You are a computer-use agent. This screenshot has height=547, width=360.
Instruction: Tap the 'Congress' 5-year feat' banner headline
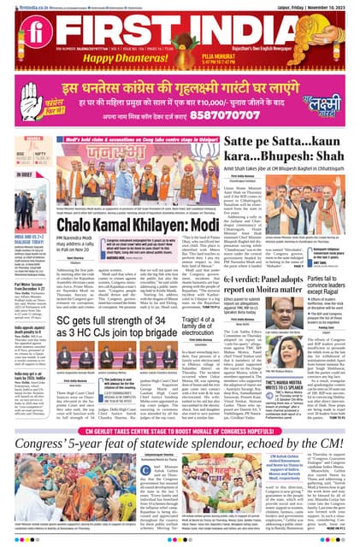click(x=180, y=420)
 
